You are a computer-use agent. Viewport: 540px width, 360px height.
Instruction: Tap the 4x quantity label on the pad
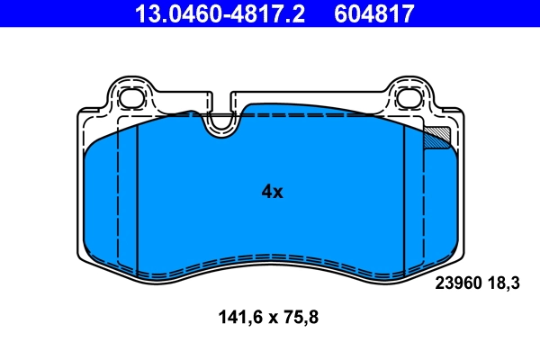pyautogui.click(x=272, y=192)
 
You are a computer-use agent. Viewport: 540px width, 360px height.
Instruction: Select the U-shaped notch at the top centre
pyautogui.click(x=220, y=122)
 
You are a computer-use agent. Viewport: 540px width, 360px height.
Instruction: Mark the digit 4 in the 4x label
pyautogui.click(x=266, y=192)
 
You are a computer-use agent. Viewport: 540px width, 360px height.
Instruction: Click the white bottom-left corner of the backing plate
pyautogui.click(x=83, y=256)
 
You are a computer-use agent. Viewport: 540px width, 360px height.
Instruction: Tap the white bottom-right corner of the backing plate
pyautogui.click(x=458, y=256)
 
